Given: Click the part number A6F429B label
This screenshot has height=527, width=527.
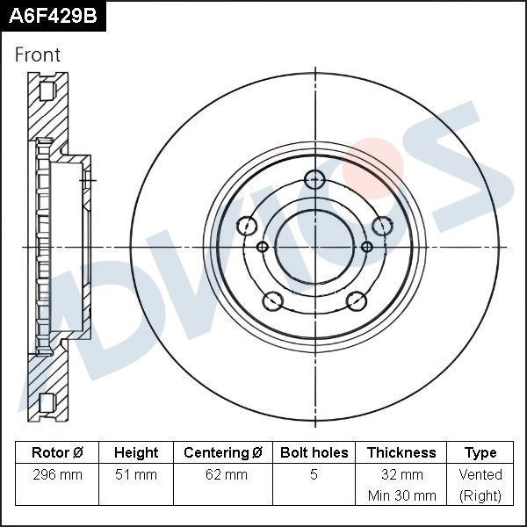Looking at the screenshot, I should (x=52, y=15).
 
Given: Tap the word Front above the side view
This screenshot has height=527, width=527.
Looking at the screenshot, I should (x=38, y=54).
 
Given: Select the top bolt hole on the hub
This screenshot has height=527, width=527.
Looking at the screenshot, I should (x=314, y=181).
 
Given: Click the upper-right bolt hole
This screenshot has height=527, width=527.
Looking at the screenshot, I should (x=380, y=226).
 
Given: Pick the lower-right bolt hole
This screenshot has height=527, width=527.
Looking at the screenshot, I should (x=356, y=301).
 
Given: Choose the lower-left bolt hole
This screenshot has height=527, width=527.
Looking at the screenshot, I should (x=273, y=301).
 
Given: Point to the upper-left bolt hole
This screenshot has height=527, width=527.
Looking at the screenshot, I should (x=249, y=226).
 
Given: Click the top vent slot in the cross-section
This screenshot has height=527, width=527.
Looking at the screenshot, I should (x=47, y=90).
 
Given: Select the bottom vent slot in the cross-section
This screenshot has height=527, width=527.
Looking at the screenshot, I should (x=47, y=402).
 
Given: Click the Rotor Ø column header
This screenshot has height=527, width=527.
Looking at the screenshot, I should (x=57, y=453).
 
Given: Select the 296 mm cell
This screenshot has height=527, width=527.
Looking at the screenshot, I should (x=57, y=475).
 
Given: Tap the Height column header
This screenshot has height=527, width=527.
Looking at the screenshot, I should (x=136, y=453).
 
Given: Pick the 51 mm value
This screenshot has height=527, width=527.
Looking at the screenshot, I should (x=136, y=475).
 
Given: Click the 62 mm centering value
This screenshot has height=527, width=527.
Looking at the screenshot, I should (x=223, y=475).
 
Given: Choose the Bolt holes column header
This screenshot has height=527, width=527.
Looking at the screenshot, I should (x=314, y=453).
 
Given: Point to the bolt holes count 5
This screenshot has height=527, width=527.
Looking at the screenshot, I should (x=314, y=475).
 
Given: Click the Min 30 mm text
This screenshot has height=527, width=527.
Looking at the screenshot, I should (x=401, y=495).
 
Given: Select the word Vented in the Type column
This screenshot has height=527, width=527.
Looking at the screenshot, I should (x=480, y=475).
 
